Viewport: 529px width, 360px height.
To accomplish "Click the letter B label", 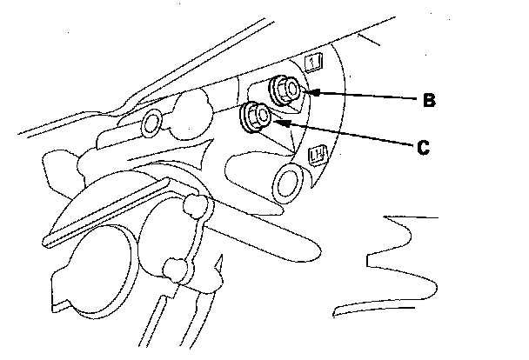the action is point(428,100).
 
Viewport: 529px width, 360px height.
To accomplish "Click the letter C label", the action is point(422,147).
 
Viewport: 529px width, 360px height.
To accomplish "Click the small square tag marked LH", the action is point(318,155).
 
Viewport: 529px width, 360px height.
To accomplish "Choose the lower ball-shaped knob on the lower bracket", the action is point(175,268).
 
